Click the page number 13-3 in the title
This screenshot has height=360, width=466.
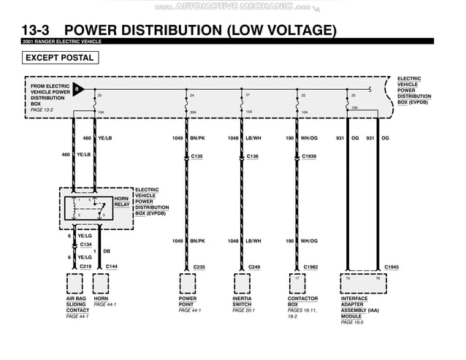coord(39,30)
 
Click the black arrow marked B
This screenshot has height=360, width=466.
coord(78,90)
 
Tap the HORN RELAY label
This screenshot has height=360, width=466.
coord(122,202)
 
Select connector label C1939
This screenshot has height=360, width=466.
coord(309,156)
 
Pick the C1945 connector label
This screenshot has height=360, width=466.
coord(391,267)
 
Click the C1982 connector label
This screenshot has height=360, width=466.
coord(310,267)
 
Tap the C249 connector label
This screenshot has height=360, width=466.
coord(254,267)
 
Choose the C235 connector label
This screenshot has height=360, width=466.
coord(199,267)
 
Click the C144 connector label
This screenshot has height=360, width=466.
coord(112,267)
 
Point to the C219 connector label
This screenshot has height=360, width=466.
coord(85,267)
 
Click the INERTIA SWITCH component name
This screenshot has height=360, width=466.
coord(242,302)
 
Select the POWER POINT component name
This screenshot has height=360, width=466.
coord(188,302)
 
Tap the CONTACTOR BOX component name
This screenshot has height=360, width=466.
coord(302,302)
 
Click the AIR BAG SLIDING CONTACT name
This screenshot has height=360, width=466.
coord(77,305)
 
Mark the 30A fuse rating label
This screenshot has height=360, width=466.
coord(193,112)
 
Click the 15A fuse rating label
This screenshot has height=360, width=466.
coord(249,112)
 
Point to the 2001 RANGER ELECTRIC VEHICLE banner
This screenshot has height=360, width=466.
coord(62,42)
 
